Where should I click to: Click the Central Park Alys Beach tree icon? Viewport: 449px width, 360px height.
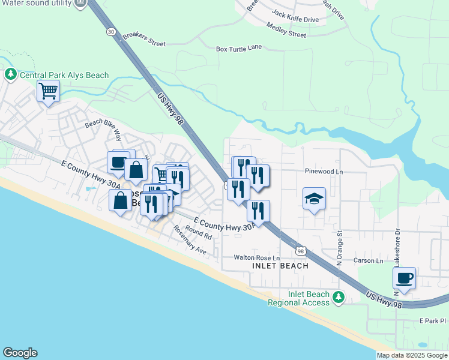pyautogui.click(x=10, y=75)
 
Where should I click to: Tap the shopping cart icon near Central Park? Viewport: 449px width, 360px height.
pyautogui.click(x=48, y=92)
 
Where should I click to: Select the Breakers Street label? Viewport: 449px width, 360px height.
pyautogui.click(x=144, y=40)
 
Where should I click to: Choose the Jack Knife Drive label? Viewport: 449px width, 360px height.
pyautogui.click(x=295, y=19)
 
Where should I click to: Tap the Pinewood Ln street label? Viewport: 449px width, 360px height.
pyautogui.click(x=323, y=172)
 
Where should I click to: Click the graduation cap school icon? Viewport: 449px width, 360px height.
pyautogui.click(x=314, y=199)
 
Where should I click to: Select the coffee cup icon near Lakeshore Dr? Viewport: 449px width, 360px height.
pyautogui.click(x=404, y=278)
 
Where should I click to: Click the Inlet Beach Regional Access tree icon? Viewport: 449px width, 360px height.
pyautogui.click(x=339, y=297)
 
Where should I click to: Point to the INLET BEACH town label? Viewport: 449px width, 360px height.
pyautogui.click(x=280, y=266)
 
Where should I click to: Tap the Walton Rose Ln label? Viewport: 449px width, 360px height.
pyautogui.click(x=257, y=257)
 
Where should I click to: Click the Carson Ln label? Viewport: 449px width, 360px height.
pyautogui.click(x=369, y=261)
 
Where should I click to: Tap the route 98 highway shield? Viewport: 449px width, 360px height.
pyautogui.click(x=301, y=250)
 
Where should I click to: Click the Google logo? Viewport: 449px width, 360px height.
pyautogui.click(x=20, y=353)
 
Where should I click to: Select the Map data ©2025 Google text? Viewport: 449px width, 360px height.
pyautogui.click(x=412, y=355)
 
